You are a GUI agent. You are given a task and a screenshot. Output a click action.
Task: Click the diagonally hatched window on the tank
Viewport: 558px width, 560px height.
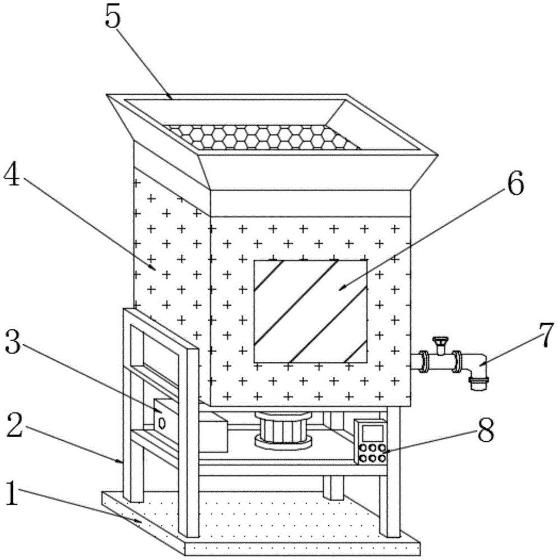coord(310,311)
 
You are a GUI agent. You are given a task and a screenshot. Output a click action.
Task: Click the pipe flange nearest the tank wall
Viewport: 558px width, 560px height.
coord(424,362)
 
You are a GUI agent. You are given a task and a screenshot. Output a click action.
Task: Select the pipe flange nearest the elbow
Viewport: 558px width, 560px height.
coord(458,362)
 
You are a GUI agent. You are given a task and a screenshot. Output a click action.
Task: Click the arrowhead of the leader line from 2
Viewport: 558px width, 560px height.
coord(121,462)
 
